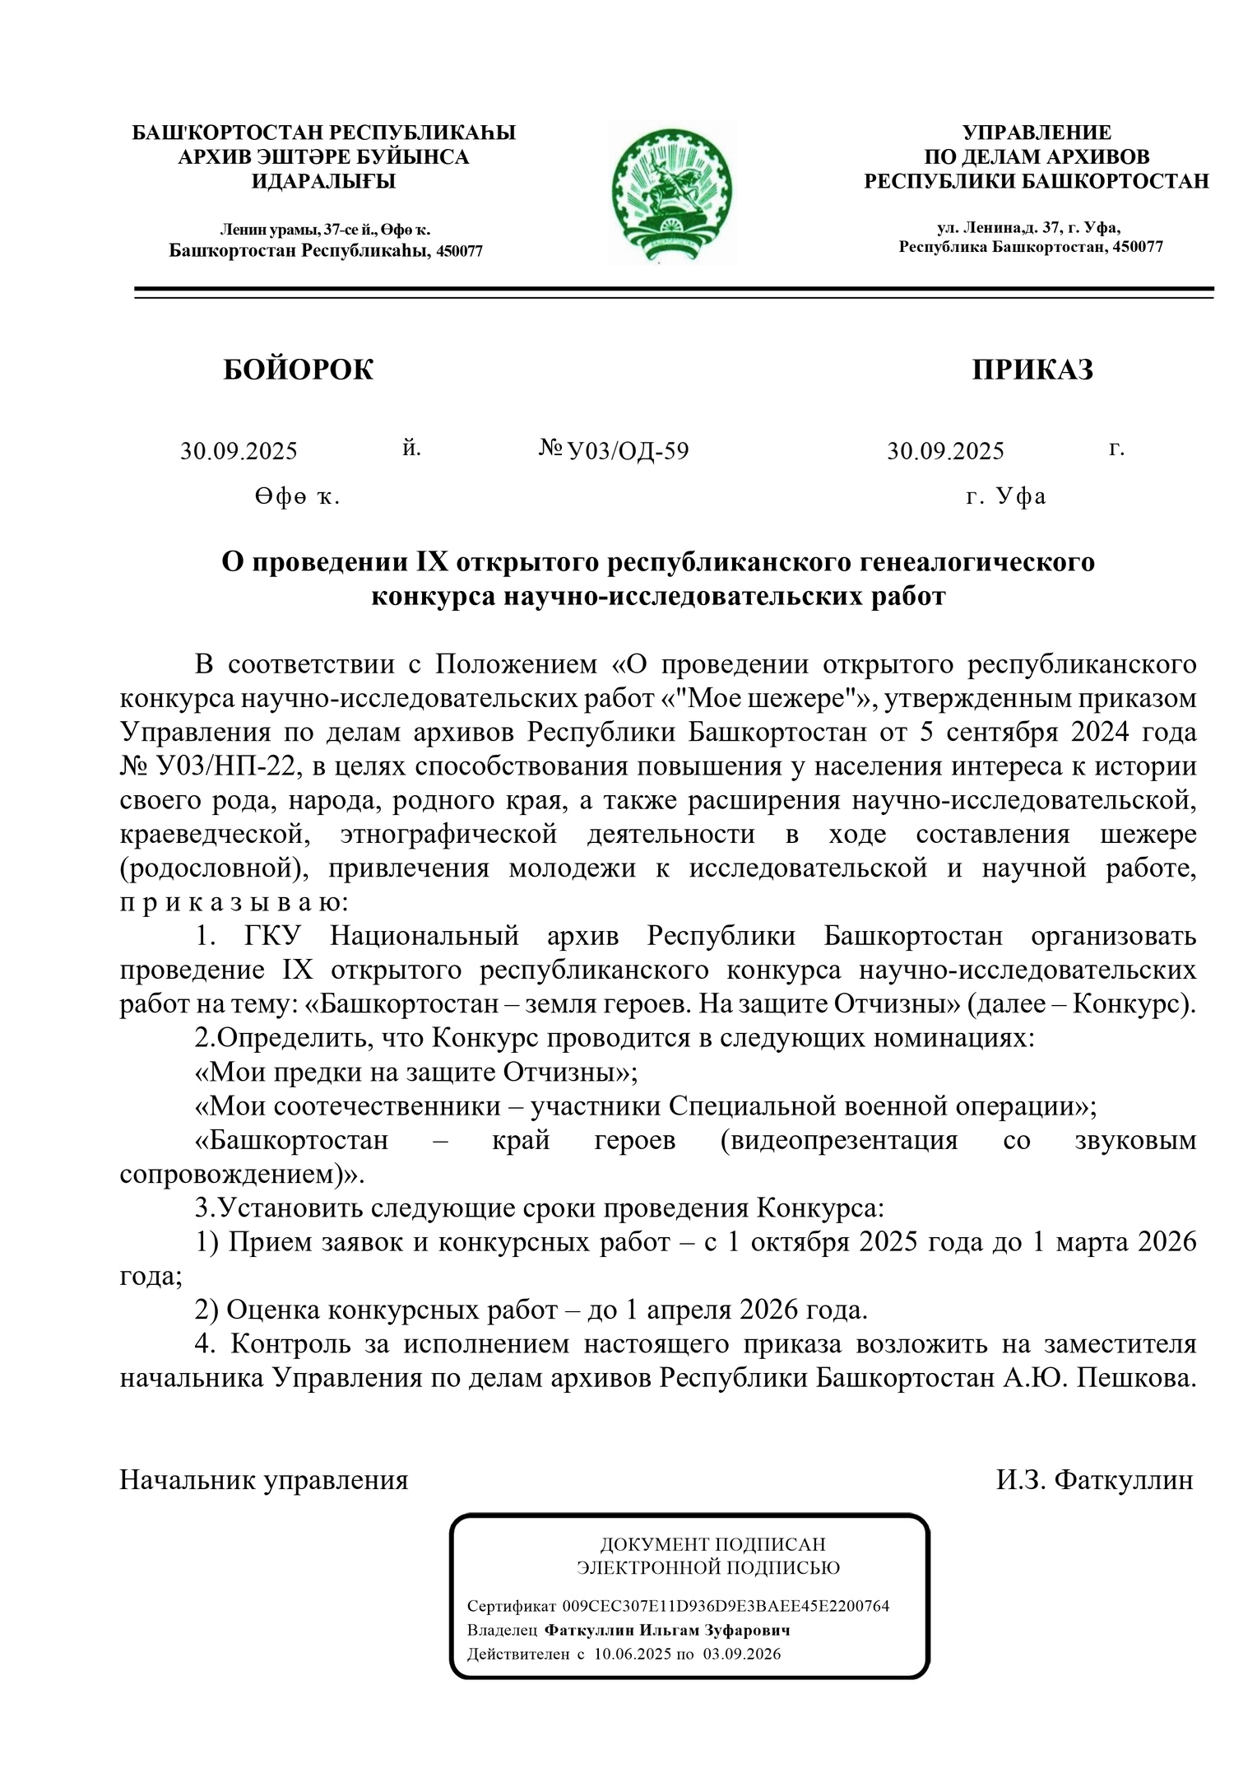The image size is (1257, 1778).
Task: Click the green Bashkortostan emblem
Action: [672, 190]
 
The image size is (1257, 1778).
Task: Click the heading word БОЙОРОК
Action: [298, 370]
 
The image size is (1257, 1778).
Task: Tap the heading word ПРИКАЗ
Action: [1032, 370]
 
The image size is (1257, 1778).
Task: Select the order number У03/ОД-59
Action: [628, 451]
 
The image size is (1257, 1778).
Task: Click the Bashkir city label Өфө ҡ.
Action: [297, 497]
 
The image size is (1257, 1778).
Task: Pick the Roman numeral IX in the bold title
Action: [431, 562]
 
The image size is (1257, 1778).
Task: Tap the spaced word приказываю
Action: [234, 902]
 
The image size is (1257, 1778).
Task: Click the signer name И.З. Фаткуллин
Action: [1094, 1480]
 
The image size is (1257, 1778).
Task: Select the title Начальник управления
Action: [264, 1480]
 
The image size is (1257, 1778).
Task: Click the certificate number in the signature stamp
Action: [726, 1606]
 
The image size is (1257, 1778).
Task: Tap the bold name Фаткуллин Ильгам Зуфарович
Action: [667, 1630]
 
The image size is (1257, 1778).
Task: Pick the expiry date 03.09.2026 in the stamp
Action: [741, 1654]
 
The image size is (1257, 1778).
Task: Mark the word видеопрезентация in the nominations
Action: [839, 1140]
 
